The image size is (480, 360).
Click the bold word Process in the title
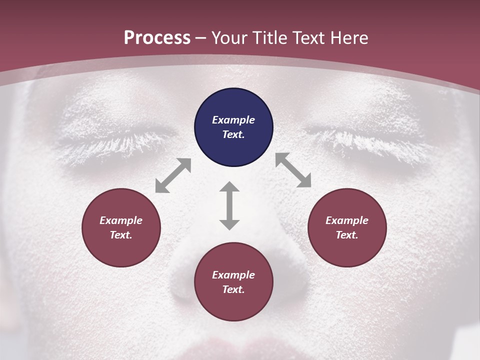pos(157,38)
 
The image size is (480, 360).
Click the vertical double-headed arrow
pos(229,205)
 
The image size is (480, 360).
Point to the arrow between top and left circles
pos(173,175)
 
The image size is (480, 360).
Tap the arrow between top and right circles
pos(293,170)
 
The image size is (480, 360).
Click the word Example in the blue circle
pos(233,120)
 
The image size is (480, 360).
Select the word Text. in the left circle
pos(121,235)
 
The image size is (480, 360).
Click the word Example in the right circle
pos(347,220)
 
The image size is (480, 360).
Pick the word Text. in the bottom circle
pos(233,289)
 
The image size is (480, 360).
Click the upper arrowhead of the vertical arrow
pos(229,187)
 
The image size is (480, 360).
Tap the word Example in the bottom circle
pos(233,275)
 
